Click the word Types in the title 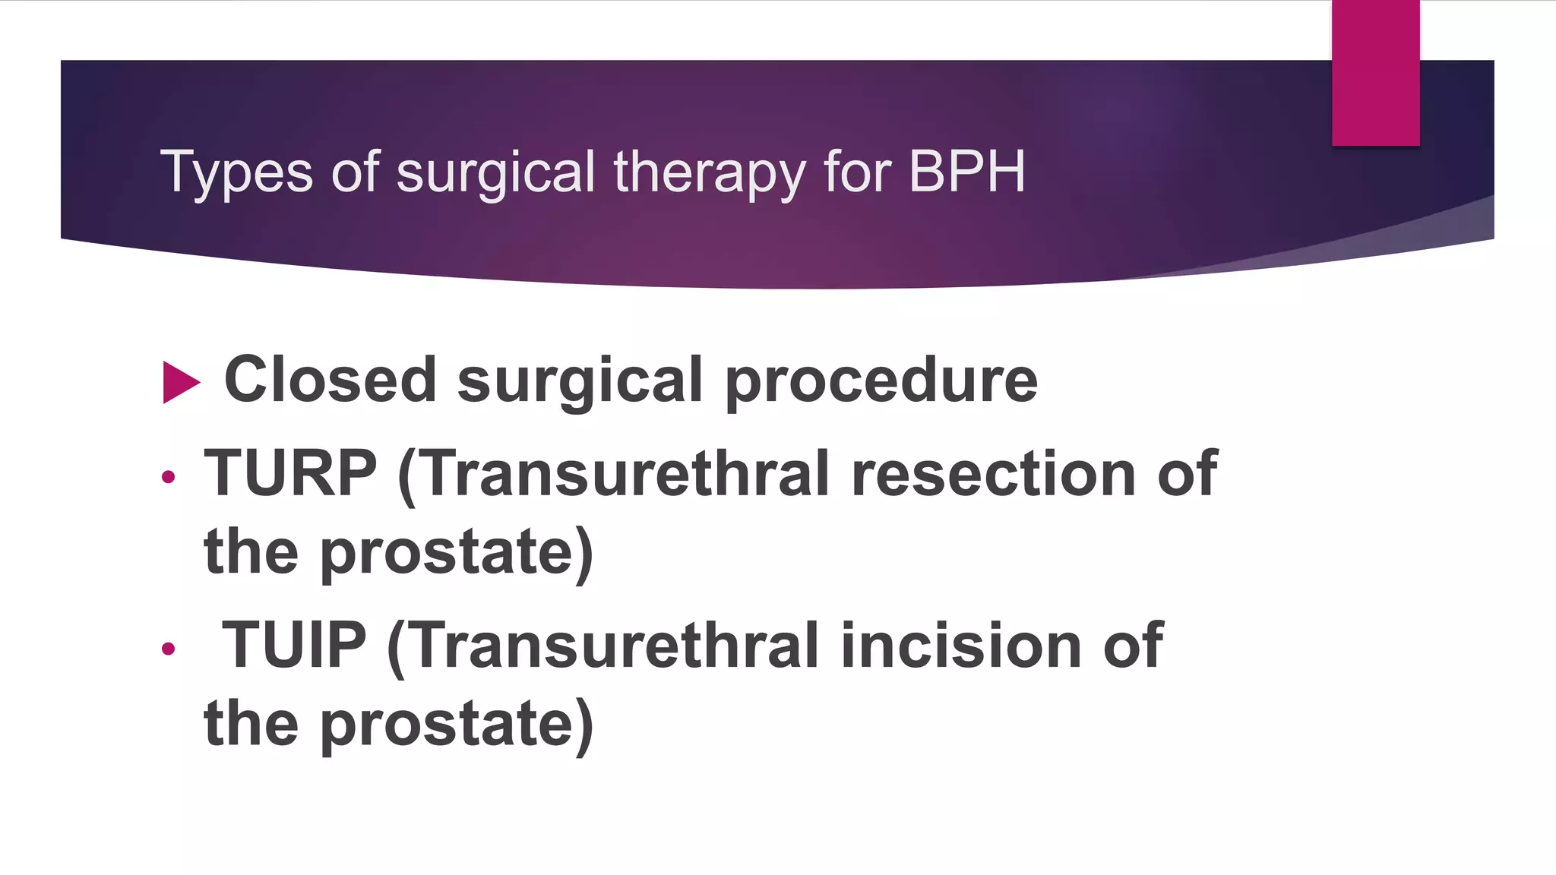click(x=236, y=172)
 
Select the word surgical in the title click(x=495, y=172)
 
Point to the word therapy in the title click(x=709, y=172)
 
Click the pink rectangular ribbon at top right click(x=1375, y=72)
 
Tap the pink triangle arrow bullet click(x=180, y=382)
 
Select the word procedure click(x=881, y=381)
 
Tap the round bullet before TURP click(x=169, y=477)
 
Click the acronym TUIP click(x=293, y=645)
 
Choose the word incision click(x=960, y=645)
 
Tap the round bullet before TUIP click(x=169, y=649)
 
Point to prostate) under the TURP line click(x=456, y=552)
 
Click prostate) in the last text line click(x=456, y=724)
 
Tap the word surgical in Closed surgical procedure click(x=580, y=381)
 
